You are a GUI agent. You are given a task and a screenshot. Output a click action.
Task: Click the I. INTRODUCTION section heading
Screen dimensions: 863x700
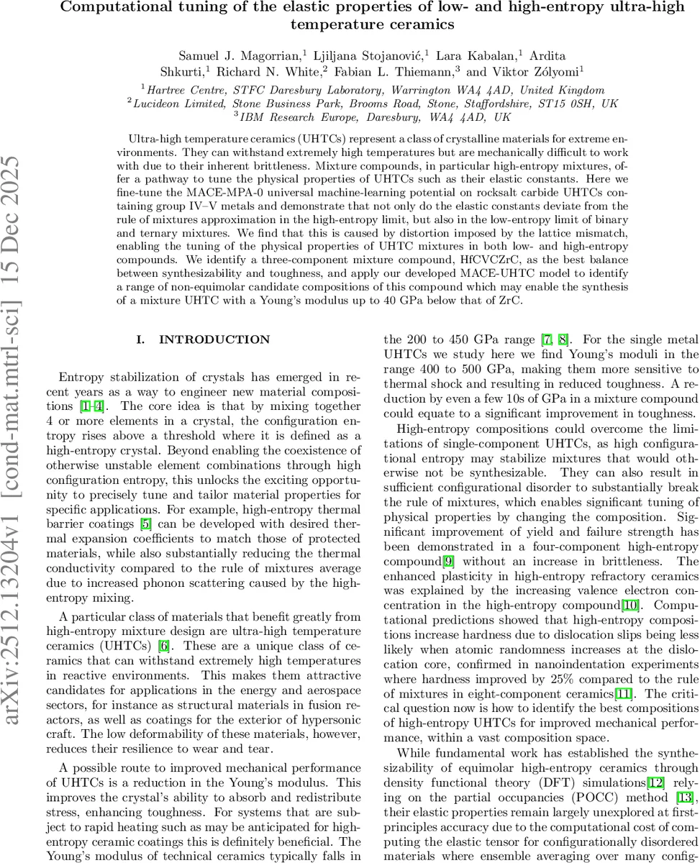[204, 339]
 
